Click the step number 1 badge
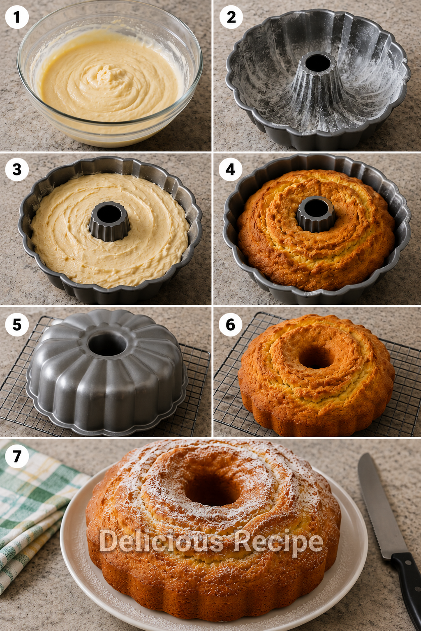[17, 17]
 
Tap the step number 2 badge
[231, 17]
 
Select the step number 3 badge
[17, 169]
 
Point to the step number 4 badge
[230, 169]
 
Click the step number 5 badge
[17, 325]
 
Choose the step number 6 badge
[230, 325]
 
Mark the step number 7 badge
[17, 456]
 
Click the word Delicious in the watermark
[161, 541]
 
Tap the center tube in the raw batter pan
[109, 221]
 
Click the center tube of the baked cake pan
[316, 214]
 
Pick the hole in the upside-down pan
[107, 344]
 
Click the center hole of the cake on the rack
[316, 357]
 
